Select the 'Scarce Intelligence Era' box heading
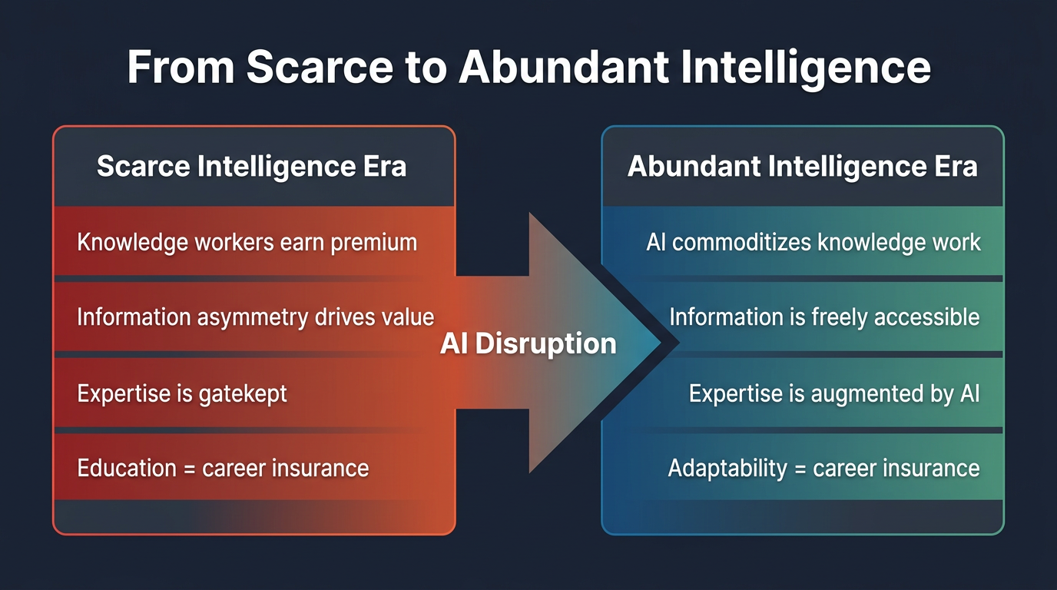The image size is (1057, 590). tap(252, 167)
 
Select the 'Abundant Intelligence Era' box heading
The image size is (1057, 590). tap(802, 167)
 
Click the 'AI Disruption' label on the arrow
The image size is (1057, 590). tap(528, 343)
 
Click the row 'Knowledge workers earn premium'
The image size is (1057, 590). tap(247, 243)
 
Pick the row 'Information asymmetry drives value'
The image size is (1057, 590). tap(255, 317)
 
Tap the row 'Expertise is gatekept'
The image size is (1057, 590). tap(182, 393)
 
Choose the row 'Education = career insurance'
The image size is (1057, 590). tap(223, 468)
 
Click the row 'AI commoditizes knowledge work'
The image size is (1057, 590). tap(813, 243)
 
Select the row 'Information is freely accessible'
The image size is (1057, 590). tap(824, 317)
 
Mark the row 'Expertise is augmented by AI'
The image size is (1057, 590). tap(834, 393)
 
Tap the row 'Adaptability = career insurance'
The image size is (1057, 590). tap(823, 468)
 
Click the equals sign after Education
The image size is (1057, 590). tap(189, 469)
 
